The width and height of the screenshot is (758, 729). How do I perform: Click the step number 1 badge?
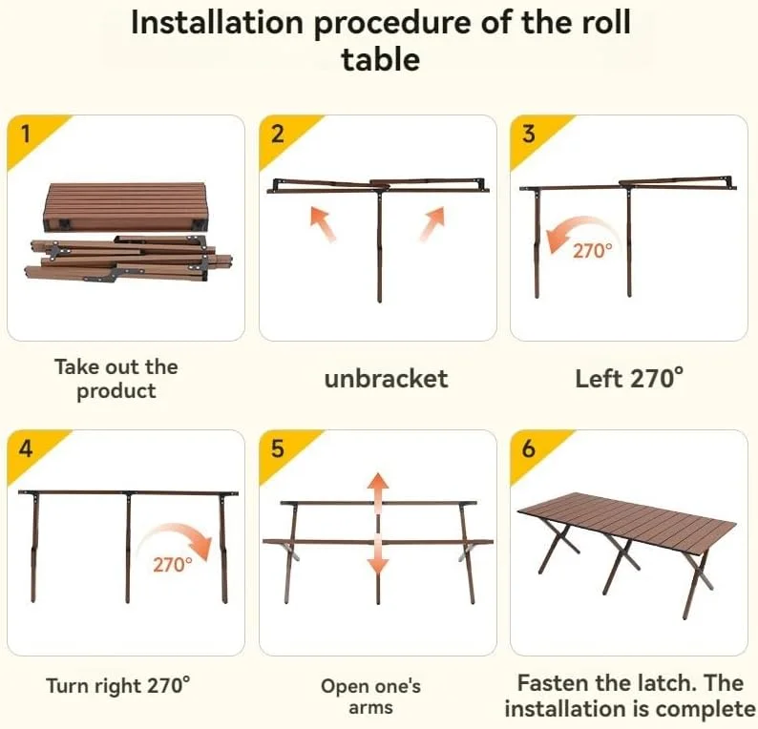coord(27,134)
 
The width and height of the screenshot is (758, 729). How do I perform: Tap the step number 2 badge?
coord(278,134)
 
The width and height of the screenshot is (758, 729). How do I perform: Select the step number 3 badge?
coord(529,134)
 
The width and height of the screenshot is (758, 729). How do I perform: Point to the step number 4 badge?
coord(26,448)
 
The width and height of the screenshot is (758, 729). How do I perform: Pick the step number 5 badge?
coord(278,448)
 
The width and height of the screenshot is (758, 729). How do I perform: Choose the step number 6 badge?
coord(529,448)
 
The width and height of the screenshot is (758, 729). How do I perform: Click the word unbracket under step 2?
coord(386,379)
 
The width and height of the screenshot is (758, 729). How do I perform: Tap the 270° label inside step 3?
coord(592,250)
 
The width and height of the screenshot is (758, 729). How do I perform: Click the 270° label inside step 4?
coord(173,564)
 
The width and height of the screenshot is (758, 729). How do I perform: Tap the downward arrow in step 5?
coord(377,555)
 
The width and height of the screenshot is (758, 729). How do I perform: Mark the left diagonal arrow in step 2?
coord(323,223)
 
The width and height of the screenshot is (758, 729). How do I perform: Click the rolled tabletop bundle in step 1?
coord(126,206)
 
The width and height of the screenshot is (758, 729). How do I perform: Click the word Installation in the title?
coord(217,23)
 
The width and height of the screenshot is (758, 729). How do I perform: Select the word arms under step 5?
coord(370,708)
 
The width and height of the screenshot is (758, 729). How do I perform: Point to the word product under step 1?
coord(116,391)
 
